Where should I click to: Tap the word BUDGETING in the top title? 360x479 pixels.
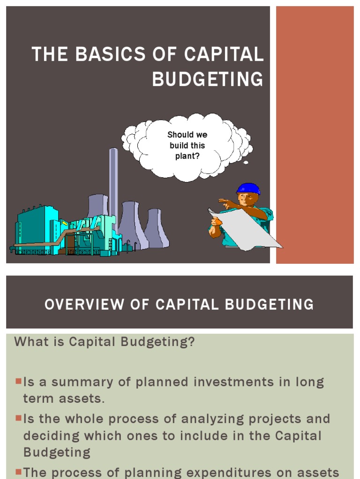(x=207, y=79)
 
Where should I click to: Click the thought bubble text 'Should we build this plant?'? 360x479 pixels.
(x=187, y=145)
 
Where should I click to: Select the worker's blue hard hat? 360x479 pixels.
(x=248, y=188)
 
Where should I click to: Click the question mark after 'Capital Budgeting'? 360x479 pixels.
(x=191, y=341)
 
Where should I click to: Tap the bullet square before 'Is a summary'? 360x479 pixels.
(x=18, y=382)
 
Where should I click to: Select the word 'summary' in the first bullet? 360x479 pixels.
(x=84, y=382)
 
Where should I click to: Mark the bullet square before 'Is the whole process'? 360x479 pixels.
(x=18, y=419)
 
